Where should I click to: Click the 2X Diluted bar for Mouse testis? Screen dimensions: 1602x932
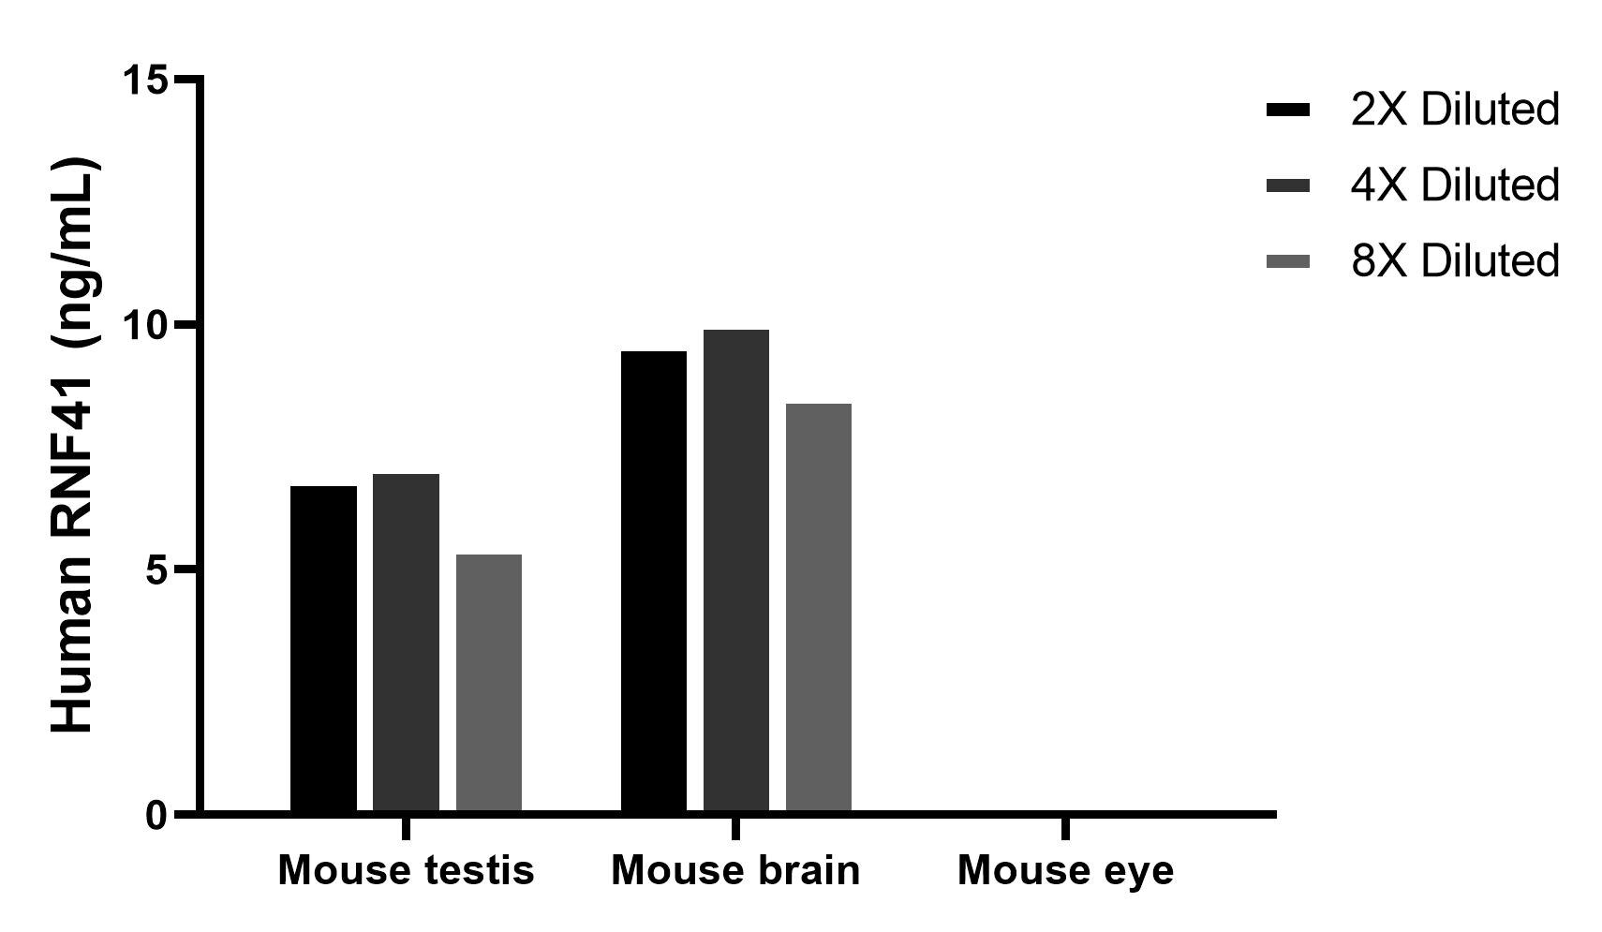click(x=323, y=649)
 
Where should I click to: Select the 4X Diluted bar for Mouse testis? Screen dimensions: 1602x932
click(x=407, y=643)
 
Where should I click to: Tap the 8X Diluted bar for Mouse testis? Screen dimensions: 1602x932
click(x=488, y=683)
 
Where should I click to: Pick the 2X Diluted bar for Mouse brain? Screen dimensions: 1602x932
click(x=654, y=582)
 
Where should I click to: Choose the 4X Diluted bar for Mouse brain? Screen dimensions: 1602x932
click(x=736, y=570)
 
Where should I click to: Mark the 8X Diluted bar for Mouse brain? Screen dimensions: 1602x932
click(x=819, y=608)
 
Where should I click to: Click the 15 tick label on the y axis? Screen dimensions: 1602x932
click(x=146, y=79)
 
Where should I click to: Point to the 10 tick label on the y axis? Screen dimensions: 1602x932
click(x=146, y=325)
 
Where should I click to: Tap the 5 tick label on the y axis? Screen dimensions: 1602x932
click(x=157, y=570)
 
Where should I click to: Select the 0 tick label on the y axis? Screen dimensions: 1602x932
click(x=157, y=816)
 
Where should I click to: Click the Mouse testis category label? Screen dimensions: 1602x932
click(x=407, y=870)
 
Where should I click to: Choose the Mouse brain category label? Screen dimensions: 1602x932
click(x=736, y=870)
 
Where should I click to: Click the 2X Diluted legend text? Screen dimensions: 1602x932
click(x=1455, y=111)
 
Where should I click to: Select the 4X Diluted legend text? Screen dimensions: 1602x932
click(x=1455, y=185)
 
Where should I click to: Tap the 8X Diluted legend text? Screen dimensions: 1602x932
click(x=1455, y=260)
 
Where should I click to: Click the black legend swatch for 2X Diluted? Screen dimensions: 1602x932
click(x=1288, y=111)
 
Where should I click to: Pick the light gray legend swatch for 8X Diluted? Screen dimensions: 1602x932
click(x=1288, y=261)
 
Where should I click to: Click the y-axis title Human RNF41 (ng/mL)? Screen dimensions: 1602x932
click(x=75, y=445)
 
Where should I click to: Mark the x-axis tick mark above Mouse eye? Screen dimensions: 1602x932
click(x=1065, y=828)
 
